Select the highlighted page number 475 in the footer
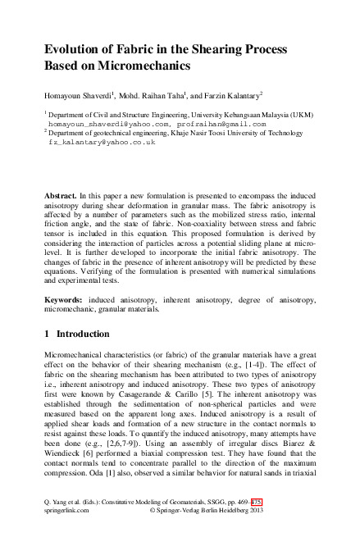click(x=256, y=521)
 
